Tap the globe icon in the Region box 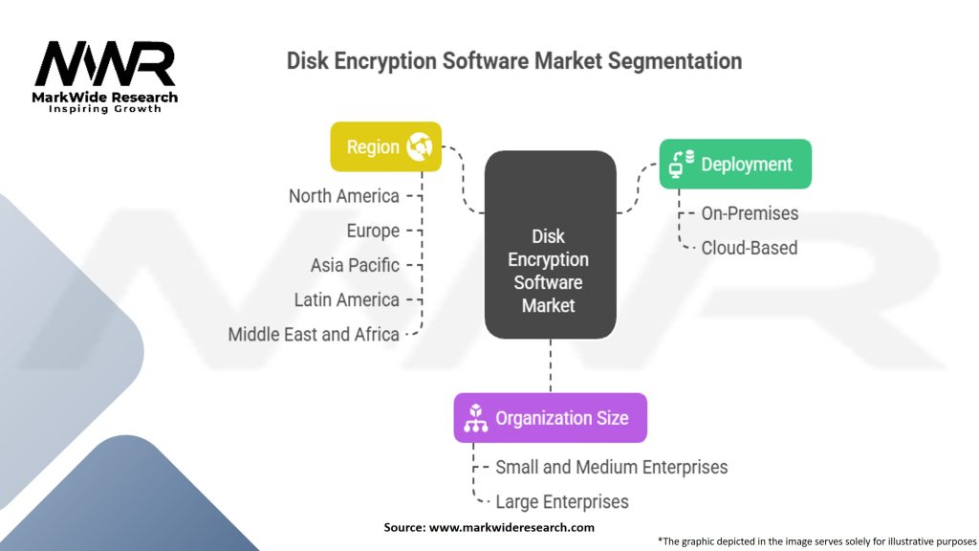[x=420, y=146]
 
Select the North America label [x=344, y=196]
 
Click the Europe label [x=373, y=231]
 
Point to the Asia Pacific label [x=355, y=265]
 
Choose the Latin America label [x=346, y=299]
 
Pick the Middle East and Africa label [x=314, y=335]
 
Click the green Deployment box [x=735, y=164]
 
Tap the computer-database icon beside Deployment [x=681, y=165]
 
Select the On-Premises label [x=750, y=213]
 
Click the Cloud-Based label [x=750, y=248]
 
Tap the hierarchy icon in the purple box [x=475, y=418]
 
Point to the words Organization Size [x=561, y=418]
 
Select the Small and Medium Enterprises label [x=611, y=468]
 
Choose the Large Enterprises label [x=562, y=501]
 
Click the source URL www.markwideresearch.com [x=512, y=527]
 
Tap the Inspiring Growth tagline [x=105, y=109]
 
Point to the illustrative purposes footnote [x=817, y=540]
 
